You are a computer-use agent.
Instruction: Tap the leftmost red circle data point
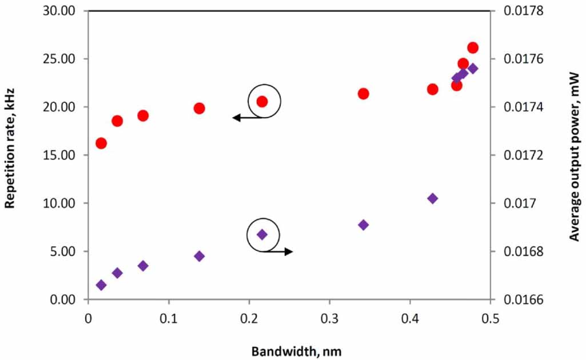click(x=101, y=143)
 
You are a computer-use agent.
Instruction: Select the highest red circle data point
click(x=473, y=47)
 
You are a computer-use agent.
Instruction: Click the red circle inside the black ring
click(x=262, y=101)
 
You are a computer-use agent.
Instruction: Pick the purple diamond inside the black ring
click(x=262, y=234)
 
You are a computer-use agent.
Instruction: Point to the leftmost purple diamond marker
click(x=101, y=285)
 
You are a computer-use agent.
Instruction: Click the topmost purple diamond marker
click(x=473, y=69)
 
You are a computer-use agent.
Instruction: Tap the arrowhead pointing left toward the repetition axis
click(x=235, y=118)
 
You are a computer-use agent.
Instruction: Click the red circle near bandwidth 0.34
click(x=363, y=94)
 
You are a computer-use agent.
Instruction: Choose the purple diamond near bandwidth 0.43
click(x=433, y=198)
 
